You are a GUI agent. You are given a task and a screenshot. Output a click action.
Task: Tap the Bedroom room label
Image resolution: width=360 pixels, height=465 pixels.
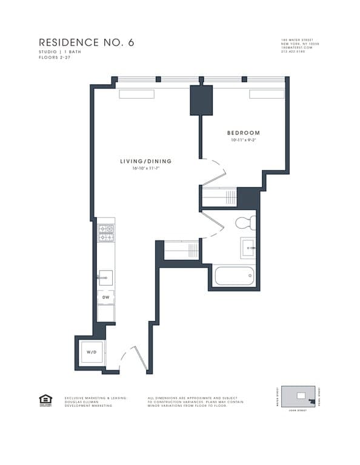coord(243,133)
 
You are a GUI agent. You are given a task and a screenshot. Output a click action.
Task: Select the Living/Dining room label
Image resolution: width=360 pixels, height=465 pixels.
coord(145,162)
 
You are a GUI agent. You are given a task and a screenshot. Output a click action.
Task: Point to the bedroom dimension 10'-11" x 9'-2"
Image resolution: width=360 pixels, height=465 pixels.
coord(243,140)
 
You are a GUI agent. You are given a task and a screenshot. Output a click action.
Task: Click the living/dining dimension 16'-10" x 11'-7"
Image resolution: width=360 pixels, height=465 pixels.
coord(145,168)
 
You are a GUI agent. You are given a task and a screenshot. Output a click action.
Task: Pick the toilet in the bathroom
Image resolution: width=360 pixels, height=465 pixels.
coord(245,223)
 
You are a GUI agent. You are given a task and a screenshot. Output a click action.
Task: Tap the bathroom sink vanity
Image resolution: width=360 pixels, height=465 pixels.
coord(248,248)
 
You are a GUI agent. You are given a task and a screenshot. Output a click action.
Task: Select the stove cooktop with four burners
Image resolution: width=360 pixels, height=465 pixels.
coord(106,233)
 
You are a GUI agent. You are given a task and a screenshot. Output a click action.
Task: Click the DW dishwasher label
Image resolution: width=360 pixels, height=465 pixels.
coord(105,297)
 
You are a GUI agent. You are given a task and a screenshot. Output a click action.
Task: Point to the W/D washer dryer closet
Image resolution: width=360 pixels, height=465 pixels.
coord(91,352)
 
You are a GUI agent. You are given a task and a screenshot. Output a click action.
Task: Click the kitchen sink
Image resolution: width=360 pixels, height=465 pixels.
coord(105,278)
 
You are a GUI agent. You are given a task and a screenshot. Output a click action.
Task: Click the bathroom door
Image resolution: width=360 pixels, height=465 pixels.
coord(213,225)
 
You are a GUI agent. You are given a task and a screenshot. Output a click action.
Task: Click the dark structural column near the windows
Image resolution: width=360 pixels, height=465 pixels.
coord(201,100)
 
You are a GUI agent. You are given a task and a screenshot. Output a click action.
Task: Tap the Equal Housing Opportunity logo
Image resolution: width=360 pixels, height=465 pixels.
coord(45,400)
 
